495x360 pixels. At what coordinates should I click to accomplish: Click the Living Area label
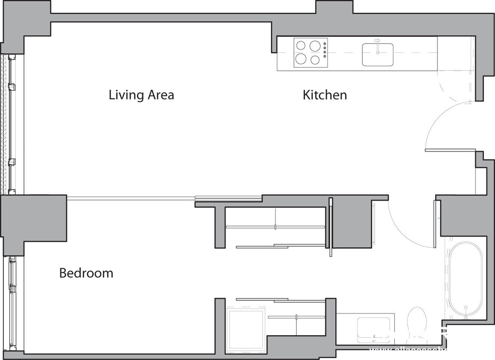click(x=141, y=94)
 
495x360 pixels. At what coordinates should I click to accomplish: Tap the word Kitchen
click(x=324, y=95)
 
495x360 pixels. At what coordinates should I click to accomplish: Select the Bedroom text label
click(x=86, y=273)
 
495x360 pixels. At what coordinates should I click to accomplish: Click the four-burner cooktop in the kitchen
click(x=308, y=52)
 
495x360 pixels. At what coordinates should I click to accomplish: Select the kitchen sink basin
click(x=377, y=54)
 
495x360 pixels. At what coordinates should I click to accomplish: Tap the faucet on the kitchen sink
click(x=377, y=45)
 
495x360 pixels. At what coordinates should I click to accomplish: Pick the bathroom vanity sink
click(x=373, y=328)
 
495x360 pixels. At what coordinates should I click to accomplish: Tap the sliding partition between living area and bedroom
click(x=164, y=198)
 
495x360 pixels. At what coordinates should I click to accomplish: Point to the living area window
click(x=12, y=124)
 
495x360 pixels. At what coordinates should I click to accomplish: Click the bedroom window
click(x=12, y=303)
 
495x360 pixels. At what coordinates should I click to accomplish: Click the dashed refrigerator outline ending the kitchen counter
click(x=456, y=53)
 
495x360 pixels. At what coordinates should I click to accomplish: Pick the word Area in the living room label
click(x=161, y=94)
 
